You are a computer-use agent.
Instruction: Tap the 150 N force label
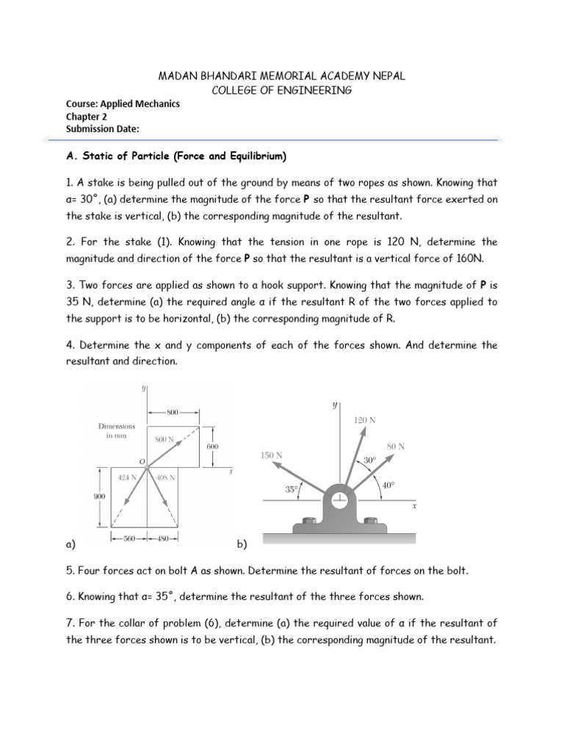click(272, 455)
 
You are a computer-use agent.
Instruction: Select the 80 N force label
click(395, 446)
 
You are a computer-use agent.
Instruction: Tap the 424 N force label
click(128, 477)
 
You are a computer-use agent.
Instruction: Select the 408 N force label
click(165, 477)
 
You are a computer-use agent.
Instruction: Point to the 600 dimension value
click(212, 446)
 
